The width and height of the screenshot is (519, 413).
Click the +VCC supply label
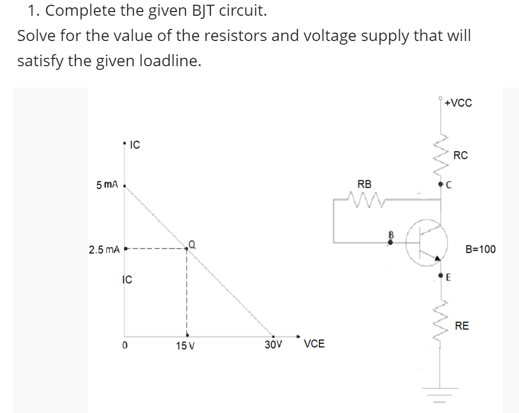tap(458, 103)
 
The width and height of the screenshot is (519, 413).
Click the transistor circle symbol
tap(426, 242)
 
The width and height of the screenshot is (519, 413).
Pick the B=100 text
tap(480, 249)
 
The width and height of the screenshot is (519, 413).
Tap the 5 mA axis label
tap(107, 185)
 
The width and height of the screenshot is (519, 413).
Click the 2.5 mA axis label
tap(104, 249)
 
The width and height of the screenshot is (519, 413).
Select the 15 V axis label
tap(185, 346)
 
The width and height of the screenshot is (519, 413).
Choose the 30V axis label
tap(273, 345)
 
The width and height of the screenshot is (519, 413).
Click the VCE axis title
tap(314, 344)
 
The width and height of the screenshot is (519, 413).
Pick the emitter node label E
tap(449, 278)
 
